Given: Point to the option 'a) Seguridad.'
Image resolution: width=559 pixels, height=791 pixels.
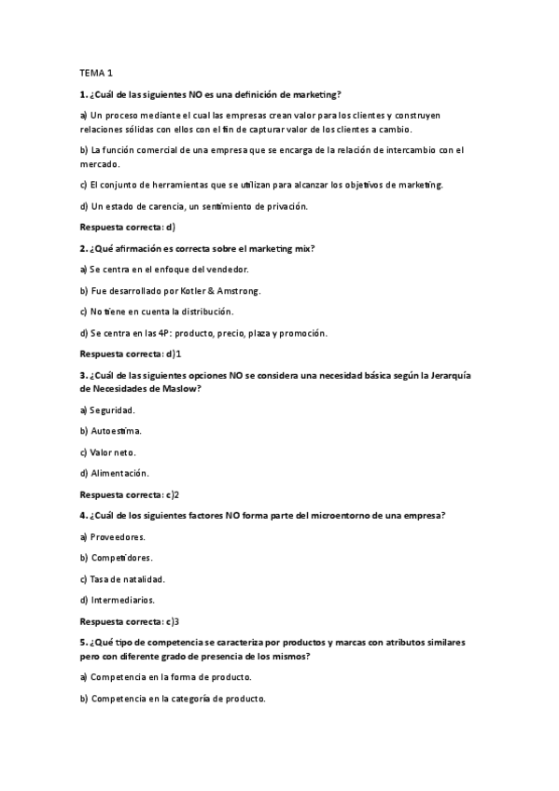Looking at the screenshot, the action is tap(108, 409).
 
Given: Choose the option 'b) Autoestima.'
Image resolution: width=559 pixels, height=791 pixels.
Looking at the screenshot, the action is tap(111, 431).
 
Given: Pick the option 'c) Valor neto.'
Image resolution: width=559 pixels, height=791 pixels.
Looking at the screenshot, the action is tap(108, 451).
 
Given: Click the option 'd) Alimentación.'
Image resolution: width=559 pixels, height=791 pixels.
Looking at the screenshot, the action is tap(115, 473).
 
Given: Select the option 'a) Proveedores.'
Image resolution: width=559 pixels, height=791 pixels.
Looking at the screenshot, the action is tap(112, 536).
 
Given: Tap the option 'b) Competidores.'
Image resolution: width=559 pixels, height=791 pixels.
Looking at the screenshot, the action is tap(117, 558).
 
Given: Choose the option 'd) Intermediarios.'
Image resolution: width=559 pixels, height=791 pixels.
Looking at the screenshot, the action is tap(118, 600).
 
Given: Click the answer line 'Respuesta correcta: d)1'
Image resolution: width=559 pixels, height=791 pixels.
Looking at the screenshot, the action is tap(130, 354).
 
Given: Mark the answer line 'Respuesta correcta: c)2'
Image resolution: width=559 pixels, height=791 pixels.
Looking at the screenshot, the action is tap(130, 494).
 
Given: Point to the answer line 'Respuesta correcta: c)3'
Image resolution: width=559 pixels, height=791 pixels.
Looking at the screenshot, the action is tap(130, 621).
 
